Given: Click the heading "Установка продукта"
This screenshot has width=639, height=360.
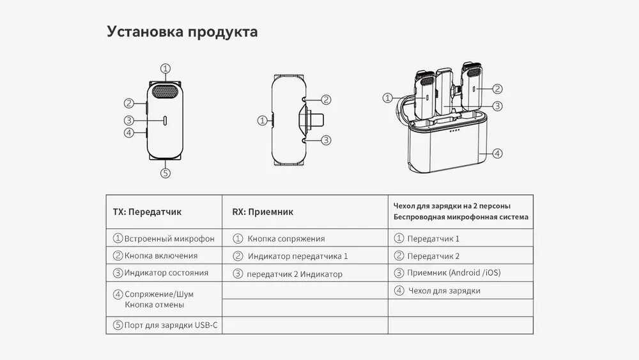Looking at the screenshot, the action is tap(182, 32).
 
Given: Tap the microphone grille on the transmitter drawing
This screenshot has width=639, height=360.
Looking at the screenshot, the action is tap(166, 91).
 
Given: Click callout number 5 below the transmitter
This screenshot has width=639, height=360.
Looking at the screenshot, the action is tap(165, 173).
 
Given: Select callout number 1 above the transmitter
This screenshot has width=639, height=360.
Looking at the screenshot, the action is tap(165, 68).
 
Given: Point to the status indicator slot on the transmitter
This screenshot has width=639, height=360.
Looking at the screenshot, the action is tap(165, 121).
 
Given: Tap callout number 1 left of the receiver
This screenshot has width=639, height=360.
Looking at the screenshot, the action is tap(263, 120).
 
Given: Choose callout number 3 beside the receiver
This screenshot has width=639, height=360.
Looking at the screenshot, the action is tap(326, 140).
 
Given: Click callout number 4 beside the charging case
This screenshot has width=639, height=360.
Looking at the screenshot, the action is tap(497, 153).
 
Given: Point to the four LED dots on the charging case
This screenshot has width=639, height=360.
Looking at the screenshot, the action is tap(454, 131).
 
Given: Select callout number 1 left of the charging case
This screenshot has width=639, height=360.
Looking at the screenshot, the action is tap(388, 98).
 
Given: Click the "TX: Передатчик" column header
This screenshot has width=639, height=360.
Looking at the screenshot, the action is tap(147, 212).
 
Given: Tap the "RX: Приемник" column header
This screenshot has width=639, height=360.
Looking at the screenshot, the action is tap(263, 212).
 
